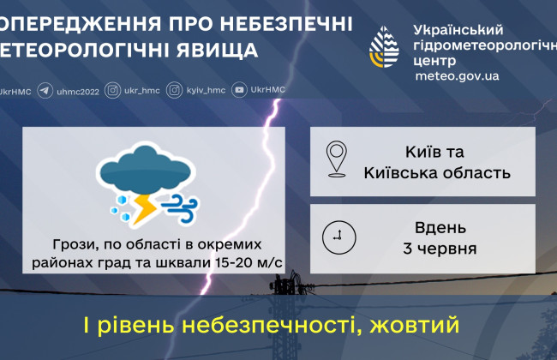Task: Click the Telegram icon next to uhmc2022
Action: coord(45,90)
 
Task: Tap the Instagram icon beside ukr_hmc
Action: coord(112,90)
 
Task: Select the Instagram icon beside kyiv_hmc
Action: coord(174,90)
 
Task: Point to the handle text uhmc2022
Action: coord(76,90)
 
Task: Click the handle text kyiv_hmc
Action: coord(205,90)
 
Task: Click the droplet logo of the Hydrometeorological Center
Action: coord(385,47)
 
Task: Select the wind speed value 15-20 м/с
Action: coord(245,260)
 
